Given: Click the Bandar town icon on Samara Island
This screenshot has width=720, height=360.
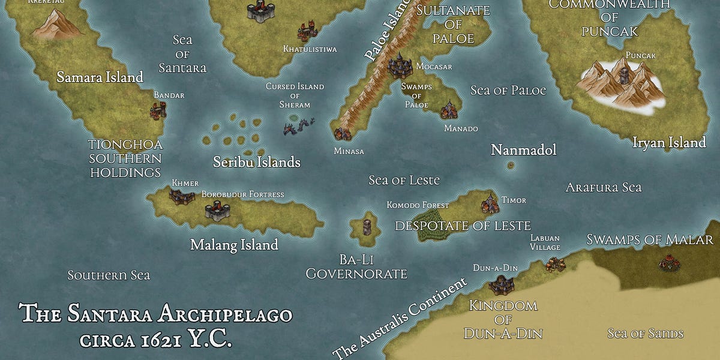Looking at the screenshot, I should [x=159, y=110].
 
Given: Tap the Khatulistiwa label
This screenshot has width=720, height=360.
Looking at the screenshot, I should [x=310, y=49].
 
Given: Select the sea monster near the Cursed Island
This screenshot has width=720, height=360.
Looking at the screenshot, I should [x=299, y=125].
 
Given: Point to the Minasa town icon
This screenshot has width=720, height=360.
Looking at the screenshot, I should [x=343, y=133].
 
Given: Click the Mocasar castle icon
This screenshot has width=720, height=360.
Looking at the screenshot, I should [x=399, y=65].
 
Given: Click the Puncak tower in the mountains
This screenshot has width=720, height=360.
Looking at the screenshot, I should [x=625, y=75].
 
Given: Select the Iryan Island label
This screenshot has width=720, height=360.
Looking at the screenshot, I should [x=669, y=143].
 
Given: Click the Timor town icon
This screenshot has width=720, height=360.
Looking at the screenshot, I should [x=490, y=203].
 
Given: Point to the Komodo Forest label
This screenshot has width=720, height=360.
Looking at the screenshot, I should [x=418, y=205].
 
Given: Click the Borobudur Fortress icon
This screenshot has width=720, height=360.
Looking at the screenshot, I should [x=217, y=209].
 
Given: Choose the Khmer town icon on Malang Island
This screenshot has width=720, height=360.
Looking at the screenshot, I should [x=181, y=196].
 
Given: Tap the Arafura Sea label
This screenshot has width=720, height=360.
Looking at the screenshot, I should [x=604, y=188].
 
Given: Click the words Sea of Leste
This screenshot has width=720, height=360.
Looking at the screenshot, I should [x=404, y=180].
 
